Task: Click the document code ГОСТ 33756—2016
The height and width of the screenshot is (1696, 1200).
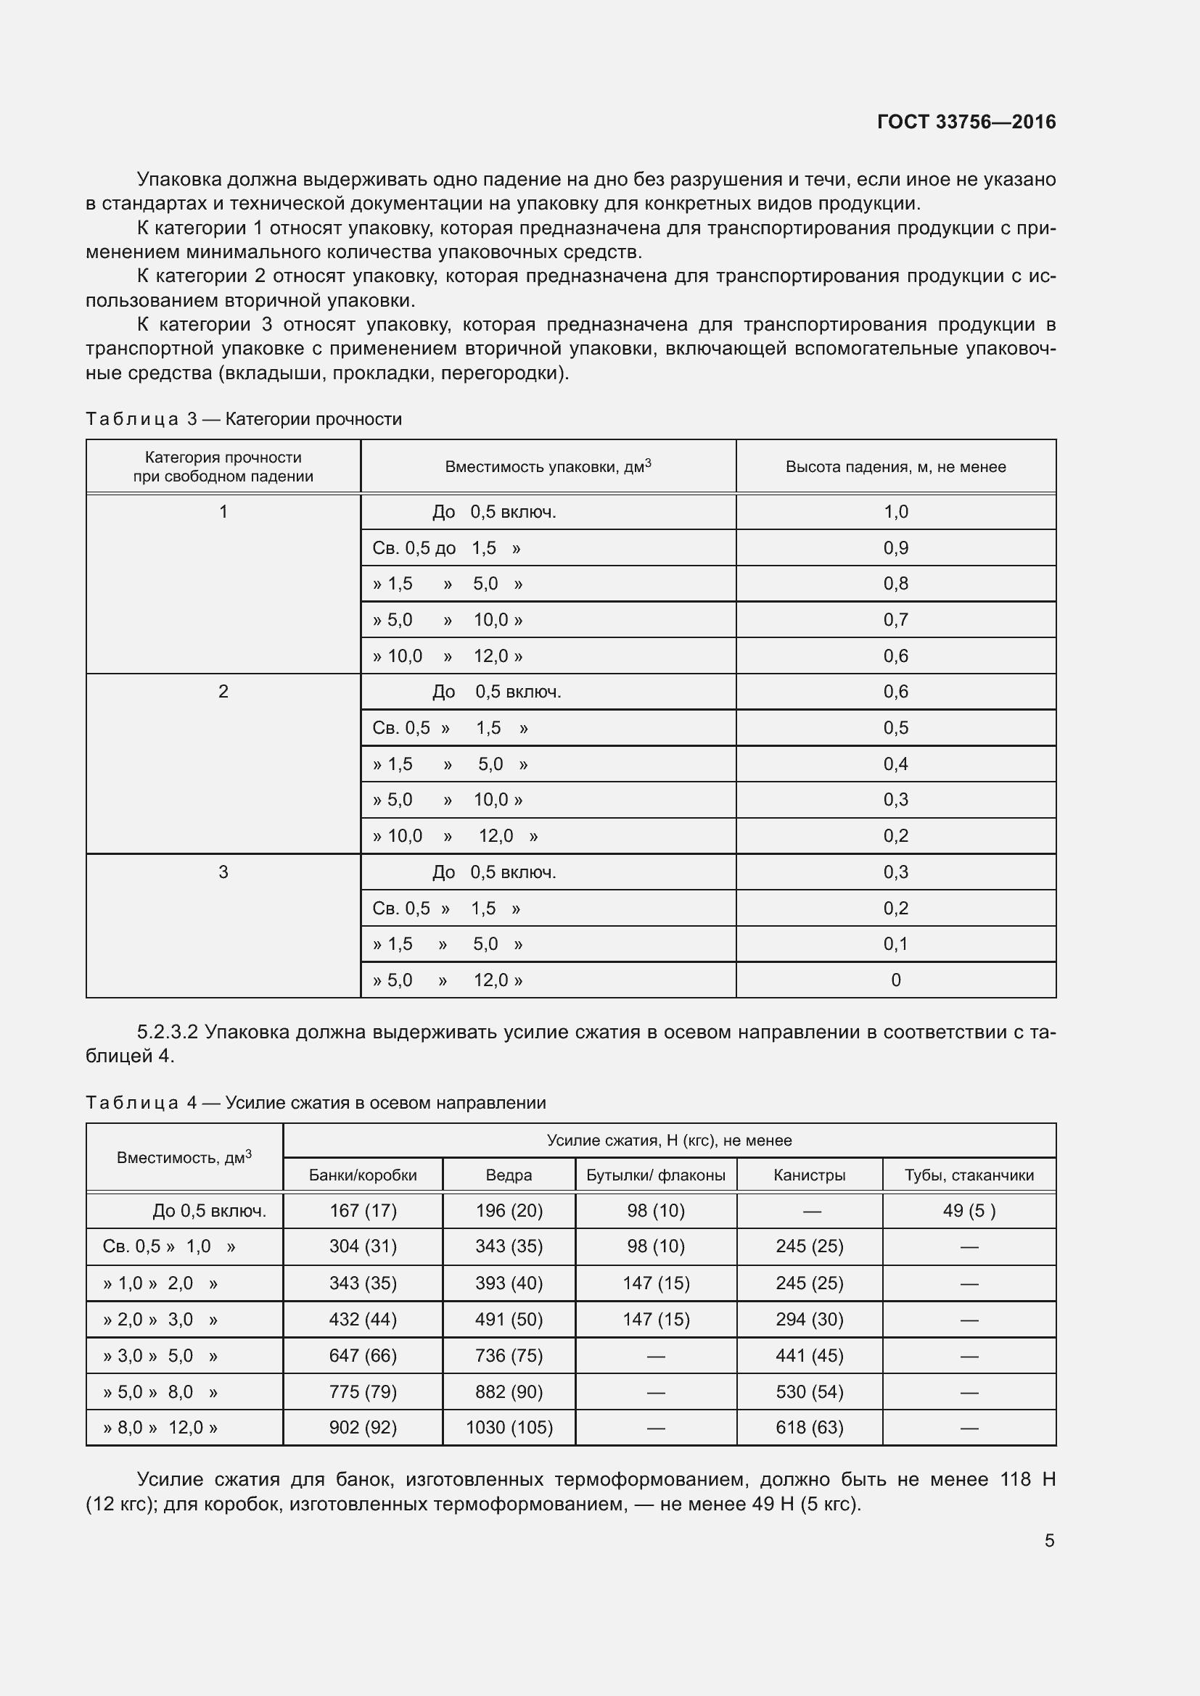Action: pos(966,122)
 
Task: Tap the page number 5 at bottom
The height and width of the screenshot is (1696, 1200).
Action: pos(1048,1540)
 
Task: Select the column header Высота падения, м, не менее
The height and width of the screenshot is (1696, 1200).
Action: pos(895,467)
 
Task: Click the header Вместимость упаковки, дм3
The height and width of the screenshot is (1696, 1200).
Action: pos(548,467)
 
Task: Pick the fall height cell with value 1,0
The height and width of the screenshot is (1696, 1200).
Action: pos(895,512)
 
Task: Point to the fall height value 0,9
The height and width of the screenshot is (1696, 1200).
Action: pos(895,548)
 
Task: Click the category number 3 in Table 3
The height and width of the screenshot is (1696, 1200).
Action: pos(223,872)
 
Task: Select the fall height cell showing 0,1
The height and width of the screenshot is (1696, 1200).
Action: pos(895,944)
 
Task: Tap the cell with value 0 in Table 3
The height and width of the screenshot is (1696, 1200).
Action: pos(895,980)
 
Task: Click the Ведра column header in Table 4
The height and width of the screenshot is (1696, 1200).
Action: pos(509,1175)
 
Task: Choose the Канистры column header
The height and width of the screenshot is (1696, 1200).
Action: pos(809,1175)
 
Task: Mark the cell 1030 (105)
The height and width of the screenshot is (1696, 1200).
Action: pos(509,1428)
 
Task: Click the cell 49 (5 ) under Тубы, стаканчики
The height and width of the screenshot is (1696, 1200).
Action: pos(969,1211)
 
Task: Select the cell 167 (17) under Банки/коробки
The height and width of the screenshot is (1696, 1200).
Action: pos(363,1211)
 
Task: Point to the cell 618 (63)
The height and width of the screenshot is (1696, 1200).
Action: pos(809,1428)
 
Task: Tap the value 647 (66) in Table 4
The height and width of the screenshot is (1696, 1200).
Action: pos(363,1356)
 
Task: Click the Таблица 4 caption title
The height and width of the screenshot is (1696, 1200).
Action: pos(316,1103)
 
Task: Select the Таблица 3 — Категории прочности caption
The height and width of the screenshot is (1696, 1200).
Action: pos(244,420)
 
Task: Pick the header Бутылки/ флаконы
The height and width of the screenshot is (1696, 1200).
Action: pos(655,1175)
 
